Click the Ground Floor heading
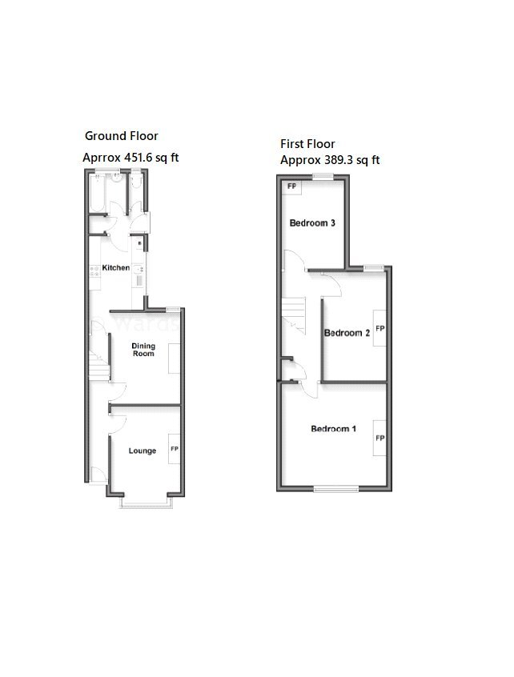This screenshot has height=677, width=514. tap(122, 136)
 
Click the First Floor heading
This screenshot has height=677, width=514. tap(307, 144)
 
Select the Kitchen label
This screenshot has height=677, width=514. tap(116, 267)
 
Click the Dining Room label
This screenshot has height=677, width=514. tap(143, 349)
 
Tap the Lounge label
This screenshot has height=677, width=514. tap(143, 451)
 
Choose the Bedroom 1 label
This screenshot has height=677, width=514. tap(333, 430)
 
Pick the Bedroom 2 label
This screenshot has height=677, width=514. tap(346, 333)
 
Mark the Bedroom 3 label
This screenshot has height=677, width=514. tap(312, 223)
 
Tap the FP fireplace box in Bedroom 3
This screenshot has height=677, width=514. tap(291, 187)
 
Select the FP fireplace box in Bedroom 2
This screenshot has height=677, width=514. tap(380, 328)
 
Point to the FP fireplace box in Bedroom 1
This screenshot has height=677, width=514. tap(380, 438)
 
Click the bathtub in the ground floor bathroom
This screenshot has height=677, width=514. tap(94, 194)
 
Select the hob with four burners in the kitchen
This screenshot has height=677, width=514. tap(94, 270)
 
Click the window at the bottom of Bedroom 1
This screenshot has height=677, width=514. tap(335, 487)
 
